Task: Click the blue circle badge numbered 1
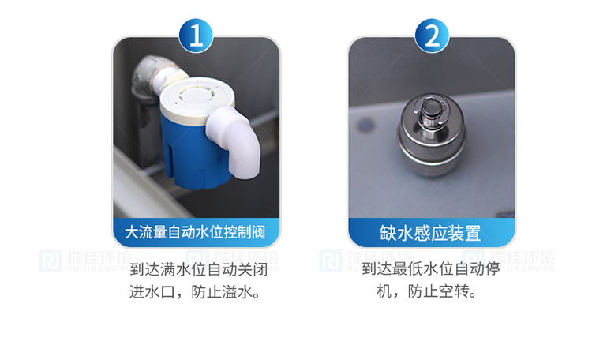point(196,36)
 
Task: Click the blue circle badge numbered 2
point(432,36)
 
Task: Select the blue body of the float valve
point(193,151)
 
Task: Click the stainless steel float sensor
point(432,135)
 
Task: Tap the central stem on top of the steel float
point(430,113)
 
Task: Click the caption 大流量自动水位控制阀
point(195,232)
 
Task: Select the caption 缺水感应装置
point(430,233)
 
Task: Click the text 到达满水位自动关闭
point(199,270)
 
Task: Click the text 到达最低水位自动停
point(431,269)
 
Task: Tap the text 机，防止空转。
point(426,291)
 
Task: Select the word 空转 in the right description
point(454,291)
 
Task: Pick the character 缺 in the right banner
point(388,233)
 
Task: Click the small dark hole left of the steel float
point(365,125)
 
